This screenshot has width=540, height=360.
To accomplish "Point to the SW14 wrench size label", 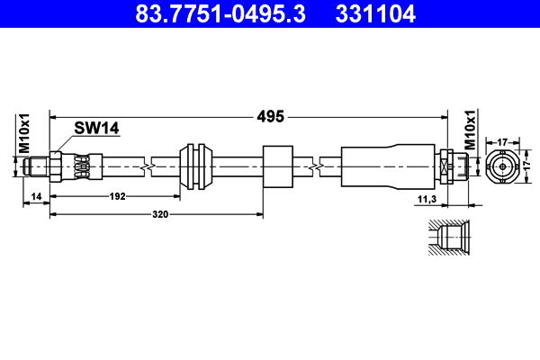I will coord(97,129).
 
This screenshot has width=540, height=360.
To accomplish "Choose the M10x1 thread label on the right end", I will coord(469,130).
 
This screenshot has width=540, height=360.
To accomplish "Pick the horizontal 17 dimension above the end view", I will coord(503,141).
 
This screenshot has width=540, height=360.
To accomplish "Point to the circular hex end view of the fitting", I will coord(503,166).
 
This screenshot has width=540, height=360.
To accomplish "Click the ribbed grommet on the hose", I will coord(196,166).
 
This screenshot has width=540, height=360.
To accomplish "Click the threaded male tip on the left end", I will coord(37,166).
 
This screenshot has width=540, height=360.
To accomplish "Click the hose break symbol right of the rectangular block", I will coord(315,166).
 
